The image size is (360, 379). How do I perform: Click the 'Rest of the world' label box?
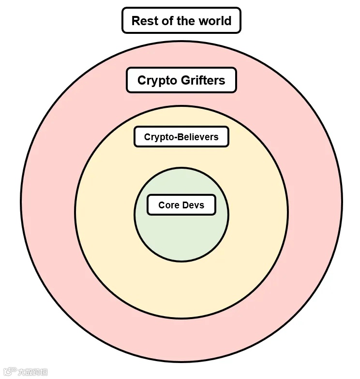tap(181, 21)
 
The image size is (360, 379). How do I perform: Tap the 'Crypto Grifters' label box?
tap(181, 80)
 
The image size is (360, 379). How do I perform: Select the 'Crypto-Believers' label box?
tap(181, 137)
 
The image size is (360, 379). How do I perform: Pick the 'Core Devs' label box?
tap(181, 205)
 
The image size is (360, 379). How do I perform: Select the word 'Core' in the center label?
tap(169, 205)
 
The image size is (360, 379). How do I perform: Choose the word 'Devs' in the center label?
tap(193, 205)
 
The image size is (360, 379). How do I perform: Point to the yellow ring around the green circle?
tap(181, 290)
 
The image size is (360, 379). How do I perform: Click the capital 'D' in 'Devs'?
tap(185, 205)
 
